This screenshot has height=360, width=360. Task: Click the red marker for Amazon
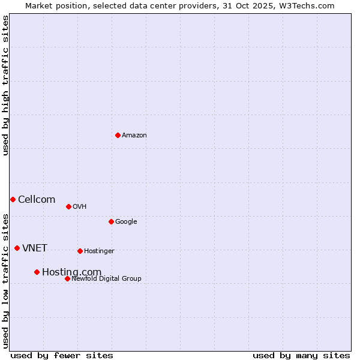[x=118, y=135]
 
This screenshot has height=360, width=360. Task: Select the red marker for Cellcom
[x=13, y=199]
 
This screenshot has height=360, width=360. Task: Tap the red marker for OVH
[x=68, y=206]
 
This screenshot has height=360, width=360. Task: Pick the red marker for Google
[x=111, y=221]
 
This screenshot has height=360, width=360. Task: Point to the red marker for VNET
[x=17, y=248]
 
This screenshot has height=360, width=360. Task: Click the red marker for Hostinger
[x=80, y=251]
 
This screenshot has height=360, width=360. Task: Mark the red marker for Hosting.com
[x=37, y=272]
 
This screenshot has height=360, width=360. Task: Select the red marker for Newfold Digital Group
[x=67, y=278]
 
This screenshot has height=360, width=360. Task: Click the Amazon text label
[x=134, y=136]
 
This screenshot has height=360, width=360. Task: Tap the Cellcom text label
[x=37, y=200]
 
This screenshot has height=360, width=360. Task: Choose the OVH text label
[x=80, y=207]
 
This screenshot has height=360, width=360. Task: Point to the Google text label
[x=126, y=222]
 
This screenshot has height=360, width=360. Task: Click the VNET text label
[x=35, y=248]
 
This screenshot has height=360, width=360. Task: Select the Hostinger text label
[x=99, y=251]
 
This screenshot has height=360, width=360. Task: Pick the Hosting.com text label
[x=71, y=272]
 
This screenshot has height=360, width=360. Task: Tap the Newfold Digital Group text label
[x=106, y=279]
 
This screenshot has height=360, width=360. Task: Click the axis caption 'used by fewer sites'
[x=62, y=355]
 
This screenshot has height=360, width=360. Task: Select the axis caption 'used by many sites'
[x=301, y=355]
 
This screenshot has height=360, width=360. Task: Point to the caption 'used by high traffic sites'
[x=6, y=85]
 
